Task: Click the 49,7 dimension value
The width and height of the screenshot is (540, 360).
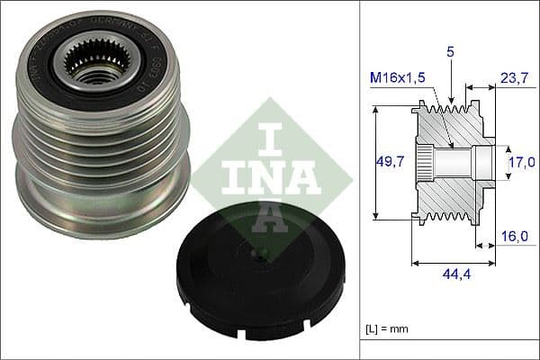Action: [389, 161]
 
